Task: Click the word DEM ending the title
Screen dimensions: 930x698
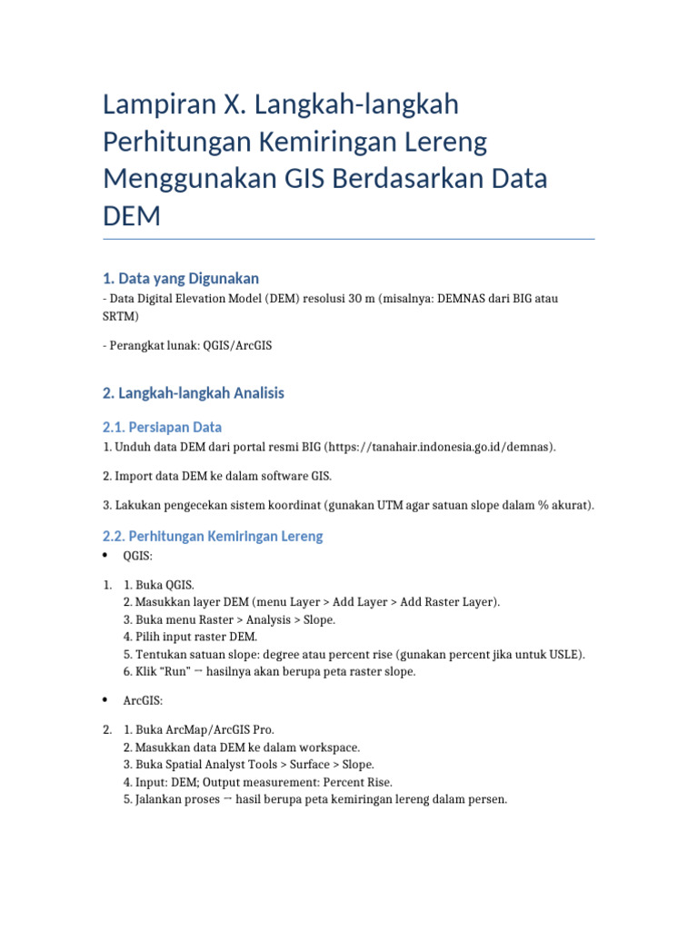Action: tap(132, 216)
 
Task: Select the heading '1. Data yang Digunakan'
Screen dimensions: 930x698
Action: tap(181, 278)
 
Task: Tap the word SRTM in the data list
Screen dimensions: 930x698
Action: tap(121, 317)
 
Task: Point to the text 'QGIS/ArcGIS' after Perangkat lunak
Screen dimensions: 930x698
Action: tap(240, 346)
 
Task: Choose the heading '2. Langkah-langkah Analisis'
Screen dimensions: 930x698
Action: tap(194, 393)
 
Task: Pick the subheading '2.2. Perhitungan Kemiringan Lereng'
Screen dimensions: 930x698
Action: tap(213, 536)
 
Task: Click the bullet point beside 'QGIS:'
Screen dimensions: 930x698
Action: tap(106, 556)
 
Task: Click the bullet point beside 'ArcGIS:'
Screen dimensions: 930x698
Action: tap(106, 700)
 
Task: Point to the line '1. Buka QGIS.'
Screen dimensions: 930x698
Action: tap(159, 584)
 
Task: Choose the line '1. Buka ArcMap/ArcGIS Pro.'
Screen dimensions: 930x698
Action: tap(198, 729)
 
